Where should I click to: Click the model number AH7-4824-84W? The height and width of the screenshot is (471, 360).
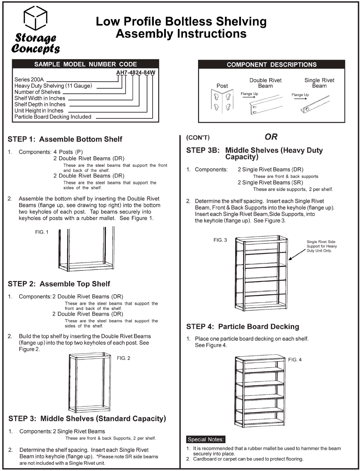pos(136,73)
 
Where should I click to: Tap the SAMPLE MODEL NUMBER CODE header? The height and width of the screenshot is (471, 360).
pos(85,64)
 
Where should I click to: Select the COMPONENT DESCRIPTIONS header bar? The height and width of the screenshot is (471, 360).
pos(271,65)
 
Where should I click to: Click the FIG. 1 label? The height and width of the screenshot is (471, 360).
pos(42,232)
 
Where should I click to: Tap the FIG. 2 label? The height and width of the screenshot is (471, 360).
pos(124,358)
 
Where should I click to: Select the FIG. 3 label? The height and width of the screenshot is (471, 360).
pos(220,240)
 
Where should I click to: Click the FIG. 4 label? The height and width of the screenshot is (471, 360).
pos(295,360)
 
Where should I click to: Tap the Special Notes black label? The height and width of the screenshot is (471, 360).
pos(206,439)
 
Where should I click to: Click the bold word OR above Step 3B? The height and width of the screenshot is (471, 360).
pos(271,137)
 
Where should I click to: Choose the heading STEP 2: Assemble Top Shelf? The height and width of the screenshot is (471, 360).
pos(59,284)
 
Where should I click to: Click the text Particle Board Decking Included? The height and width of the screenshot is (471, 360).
pos(53,117)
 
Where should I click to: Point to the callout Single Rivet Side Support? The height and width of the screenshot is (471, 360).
pos(322,246)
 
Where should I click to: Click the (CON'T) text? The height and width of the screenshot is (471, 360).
pos(198,138)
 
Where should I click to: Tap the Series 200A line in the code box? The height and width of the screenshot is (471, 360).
pos(29,80)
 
